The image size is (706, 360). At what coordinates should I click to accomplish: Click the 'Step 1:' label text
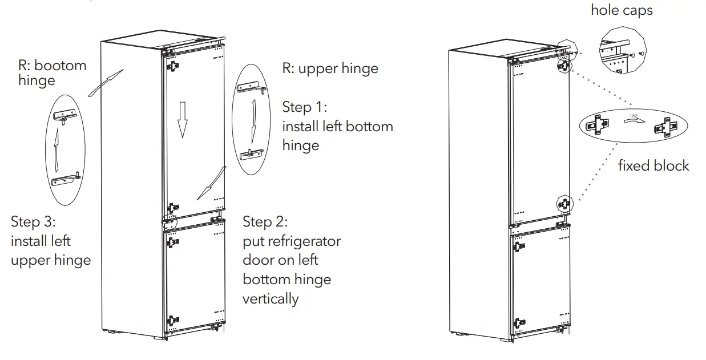point(305,107)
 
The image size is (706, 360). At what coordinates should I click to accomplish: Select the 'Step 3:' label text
point(34,221)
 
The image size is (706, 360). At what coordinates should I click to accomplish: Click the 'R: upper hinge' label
point(330,68)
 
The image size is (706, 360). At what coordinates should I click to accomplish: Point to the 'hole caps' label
point(622,10)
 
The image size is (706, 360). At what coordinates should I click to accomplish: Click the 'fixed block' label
point(653,166)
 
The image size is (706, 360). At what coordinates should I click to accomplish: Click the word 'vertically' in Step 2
point(271,298)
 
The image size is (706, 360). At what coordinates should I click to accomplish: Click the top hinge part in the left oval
point(64,116)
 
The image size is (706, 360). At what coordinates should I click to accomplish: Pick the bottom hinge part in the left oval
point(65,179)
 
